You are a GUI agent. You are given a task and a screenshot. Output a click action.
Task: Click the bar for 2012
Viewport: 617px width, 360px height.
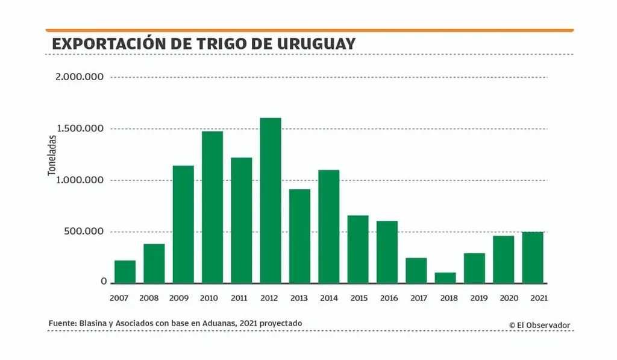coord(271,200)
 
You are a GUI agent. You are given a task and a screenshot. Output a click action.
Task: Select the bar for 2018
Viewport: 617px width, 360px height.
coord(445,278)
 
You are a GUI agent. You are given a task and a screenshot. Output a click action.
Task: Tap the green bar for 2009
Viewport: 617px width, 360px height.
coord(183,224)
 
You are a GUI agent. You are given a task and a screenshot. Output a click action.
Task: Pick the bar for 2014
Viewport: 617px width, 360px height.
coord(329,227)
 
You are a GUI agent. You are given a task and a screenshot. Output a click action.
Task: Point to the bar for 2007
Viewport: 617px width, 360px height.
coord(125,272)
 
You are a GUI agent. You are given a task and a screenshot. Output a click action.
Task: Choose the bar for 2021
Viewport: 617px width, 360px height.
coord(533,257)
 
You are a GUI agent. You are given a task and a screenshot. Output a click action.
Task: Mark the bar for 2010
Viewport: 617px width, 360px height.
coord(212,207)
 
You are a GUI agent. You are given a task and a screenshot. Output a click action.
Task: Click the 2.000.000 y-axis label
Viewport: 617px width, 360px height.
coord(78,77)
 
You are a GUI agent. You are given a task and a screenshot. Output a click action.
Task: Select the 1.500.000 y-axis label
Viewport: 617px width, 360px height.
coord(78,128)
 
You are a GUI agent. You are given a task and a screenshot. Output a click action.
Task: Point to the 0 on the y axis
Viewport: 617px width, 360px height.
coord(104,282)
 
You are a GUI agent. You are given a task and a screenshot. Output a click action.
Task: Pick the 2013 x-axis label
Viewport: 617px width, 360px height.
coord(299,298)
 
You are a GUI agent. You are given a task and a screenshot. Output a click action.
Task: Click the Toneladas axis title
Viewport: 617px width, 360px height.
coord(52,155)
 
